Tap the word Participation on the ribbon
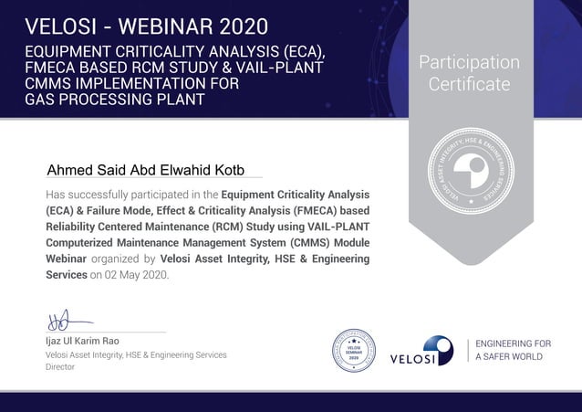[469, 63]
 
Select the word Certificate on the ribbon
[469, 85]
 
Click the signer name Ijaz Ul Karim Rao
[83, 341]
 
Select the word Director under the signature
[60, 366]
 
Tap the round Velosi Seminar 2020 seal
[354, 351]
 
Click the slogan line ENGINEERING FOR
[513, 343]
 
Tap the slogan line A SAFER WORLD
[509, 356]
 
